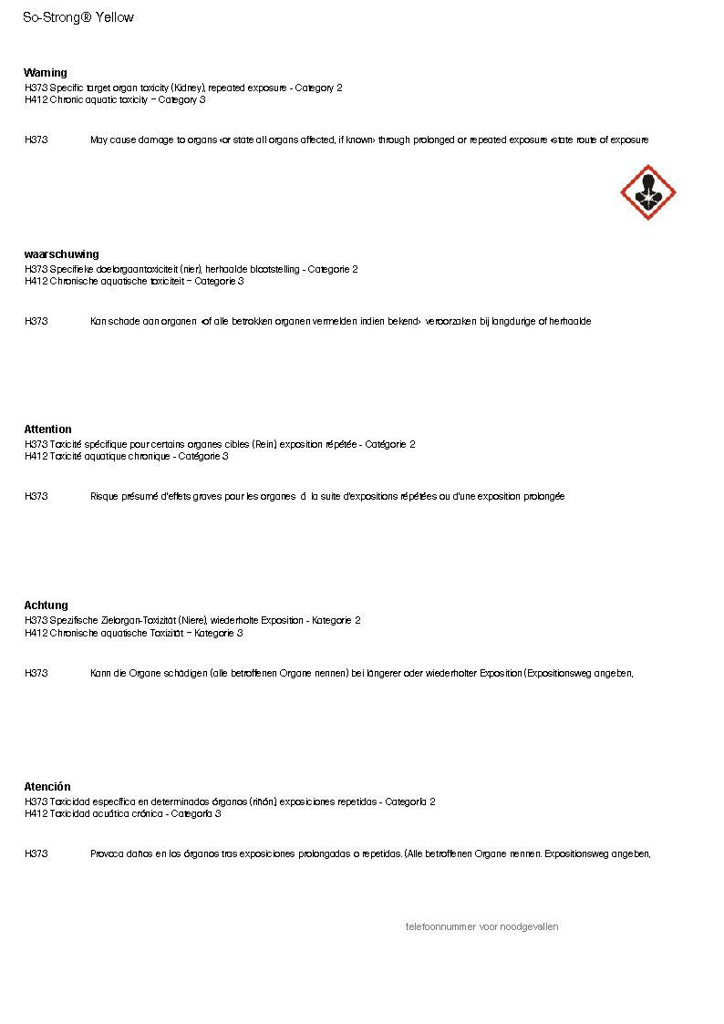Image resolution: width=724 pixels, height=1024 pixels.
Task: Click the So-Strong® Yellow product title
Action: click(x=78, y=17)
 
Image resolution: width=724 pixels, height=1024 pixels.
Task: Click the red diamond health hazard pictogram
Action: click(x=648, y=192)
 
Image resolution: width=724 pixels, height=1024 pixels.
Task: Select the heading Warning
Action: click(x=46, y=73)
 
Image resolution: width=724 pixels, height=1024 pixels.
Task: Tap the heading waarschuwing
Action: click(x=61, y=254)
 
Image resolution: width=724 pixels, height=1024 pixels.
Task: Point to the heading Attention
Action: click(x=47, y=429)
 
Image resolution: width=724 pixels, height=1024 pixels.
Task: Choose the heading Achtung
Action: click(x=46, y=605)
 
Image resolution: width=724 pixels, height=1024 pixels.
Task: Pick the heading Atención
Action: click(x=47, y=787)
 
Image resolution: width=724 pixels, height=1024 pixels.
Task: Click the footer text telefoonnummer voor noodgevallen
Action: click(x=481, y=927)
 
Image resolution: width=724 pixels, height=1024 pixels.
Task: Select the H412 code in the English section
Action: click(x=36, y=99)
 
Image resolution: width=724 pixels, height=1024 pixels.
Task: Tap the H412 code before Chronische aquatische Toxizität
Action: click(x=36, y=633)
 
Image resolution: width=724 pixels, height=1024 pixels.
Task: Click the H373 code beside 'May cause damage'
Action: click(x=36, y=140)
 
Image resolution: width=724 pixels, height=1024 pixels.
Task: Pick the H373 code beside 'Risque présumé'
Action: click(x=36, y=497)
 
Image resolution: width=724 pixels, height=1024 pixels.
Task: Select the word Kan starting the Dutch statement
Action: click(x=98, y=322)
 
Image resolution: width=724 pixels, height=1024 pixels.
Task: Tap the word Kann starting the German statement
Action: click(x=101, y=674)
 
